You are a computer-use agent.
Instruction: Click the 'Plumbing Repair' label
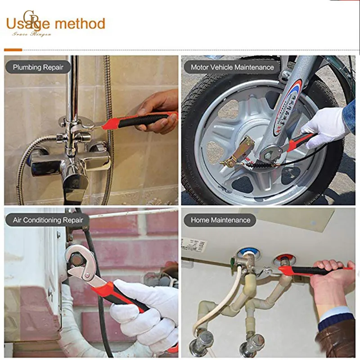(38, 67)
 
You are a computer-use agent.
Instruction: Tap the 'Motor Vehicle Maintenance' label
(232, 67)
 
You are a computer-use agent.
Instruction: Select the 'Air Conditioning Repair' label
(48, 220)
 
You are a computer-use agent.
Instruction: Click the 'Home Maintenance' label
(220, 220)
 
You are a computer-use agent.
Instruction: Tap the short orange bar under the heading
(13, 49)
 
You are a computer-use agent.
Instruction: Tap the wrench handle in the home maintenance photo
(315, 270)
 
